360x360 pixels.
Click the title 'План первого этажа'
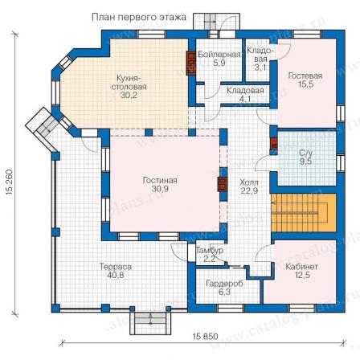(x=139, y=18)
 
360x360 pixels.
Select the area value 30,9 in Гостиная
(x=160, y=189)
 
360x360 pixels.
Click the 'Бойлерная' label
(x=219, y=55)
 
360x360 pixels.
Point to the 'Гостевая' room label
(x=305, y=76)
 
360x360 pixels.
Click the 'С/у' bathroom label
(x=305, y=153)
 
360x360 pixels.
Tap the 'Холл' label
(x=249, y=182)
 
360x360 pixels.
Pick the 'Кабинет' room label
(x=301, y=267)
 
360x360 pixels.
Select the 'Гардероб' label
(x=224, y=284)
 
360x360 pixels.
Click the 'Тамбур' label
(x=210, y=251)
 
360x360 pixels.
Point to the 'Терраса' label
(x=116, y=267)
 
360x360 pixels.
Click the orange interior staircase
(x=304, y=212)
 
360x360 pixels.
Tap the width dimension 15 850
(x=205, y=336)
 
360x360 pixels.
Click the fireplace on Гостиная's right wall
(x=223, y=184)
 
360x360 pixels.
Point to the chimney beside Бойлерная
(x=190, y=63)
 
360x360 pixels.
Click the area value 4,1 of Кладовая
(x=245, y=100)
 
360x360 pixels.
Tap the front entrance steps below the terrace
(x=150, y=321)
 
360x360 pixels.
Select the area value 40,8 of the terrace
(x=116, y=275)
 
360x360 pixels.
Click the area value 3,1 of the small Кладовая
(x=260, y=67)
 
